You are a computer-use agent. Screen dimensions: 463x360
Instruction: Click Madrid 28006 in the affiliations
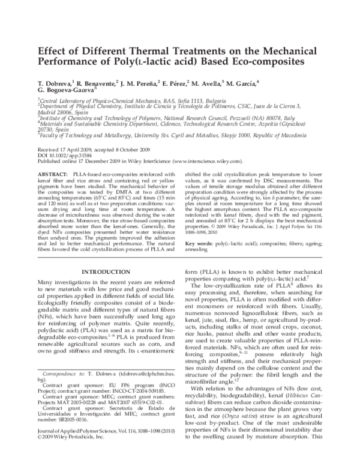pos(55,112)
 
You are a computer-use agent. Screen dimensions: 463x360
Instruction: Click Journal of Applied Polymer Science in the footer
pos(83,449)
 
